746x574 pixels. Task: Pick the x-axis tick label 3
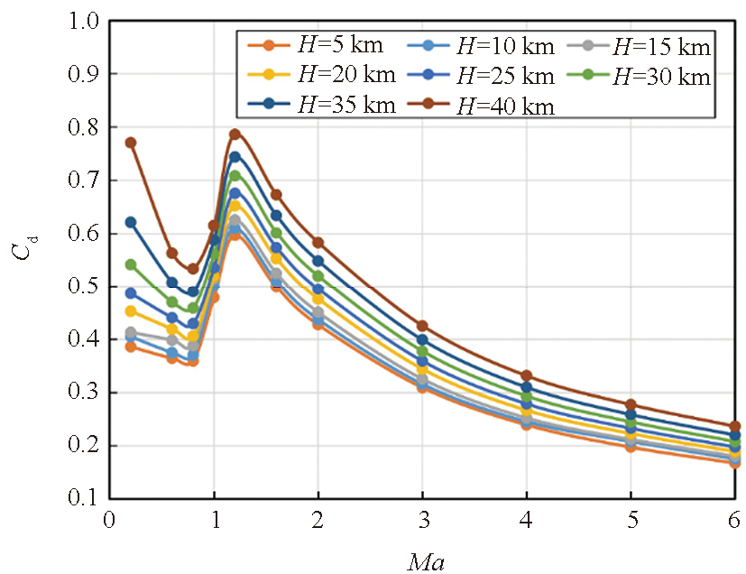tap(422, 521)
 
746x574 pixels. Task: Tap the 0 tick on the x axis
tap(109, 521)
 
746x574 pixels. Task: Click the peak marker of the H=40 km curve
tap(235, 134)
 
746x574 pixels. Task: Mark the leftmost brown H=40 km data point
tap(131, 143)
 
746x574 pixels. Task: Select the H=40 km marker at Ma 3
tap(422, 326)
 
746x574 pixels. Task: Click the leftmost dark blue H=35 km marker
tap(131, 222)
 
